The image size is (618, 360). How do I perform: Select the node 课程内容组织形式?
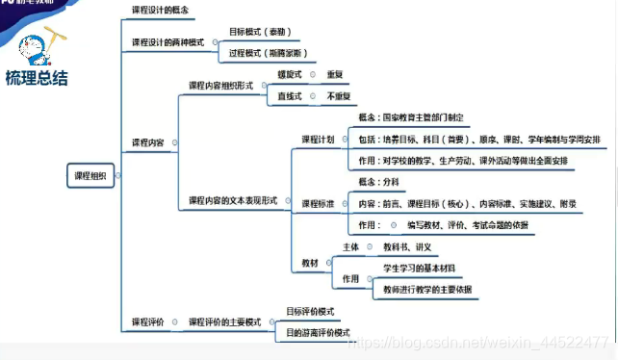220,86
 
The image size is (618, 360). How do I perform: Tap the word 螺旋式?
290,74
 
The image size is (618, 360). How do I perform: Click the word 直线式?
290,97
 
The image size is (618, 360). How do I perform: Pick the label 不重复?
339,97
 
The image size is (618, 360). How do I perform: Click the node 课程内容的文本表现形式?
232,200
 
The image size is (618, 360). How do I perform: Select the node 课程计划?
318,140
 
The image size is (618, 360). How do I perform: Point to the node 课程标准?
318,204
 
